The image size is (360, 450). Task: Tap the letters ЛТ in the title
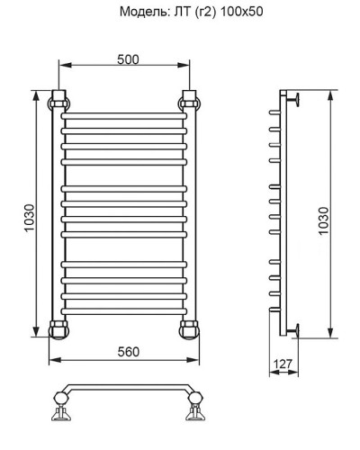pyautogui.click(x=176, y=13)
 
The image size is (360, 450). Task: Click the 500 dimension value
pyautogui.click(x=127, y=58)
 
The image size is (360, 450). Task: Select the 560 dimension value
pyautogui.click(x=127, y=352)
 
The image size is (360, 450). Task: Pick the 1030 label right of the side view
pyautogui.click(x=324, y=216)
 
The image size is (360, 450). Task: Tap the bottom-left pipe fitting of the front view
pyautogui.click(x=60, y=327)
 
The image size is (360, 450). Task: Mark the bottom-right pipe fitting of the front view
pyautogui.click(x=190, y=327)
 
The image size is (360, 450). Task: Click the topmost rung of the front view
pyautogui.click(x=125, y=118)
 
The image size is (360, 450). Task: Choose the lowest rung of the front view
pyautogui.click(x=125, y=305)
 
